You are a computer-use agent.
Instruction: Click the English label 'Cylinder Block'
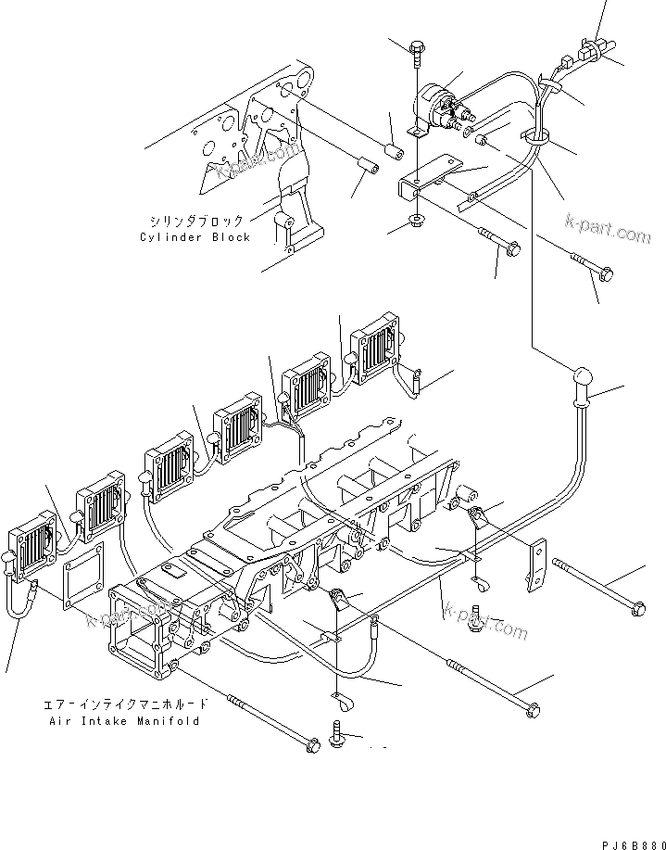(x=195, y=237)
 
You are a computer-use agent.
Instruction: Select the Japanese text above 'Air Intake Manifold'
(x=126, y=704)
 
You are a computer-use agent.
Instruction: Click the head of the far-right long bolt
(x=638, y=608)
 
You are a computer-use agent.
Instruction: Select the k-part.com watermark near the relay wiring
(x=609, y=229)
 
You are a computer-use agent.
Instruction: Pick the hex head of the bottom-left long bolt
(x=312, y=744)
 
